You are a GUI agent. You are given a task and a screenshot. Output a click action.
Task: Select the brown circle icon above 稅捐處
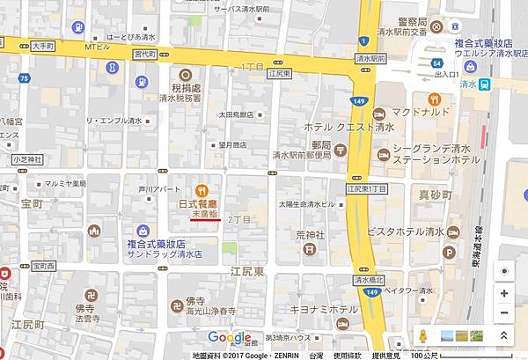186,76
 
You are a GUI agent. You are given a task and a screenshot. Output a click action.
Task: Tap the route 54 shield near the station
437,63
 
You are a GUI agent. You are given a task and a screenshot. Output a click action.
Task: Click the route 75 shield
24,79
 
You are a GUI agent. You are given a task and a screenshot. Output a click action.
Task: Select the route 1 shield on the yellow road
362,40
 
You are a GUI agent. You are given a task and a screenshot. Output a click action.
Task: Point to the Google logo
230,338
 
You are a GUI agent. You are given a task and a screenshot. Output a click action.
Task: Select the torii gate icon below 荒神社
309,249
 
